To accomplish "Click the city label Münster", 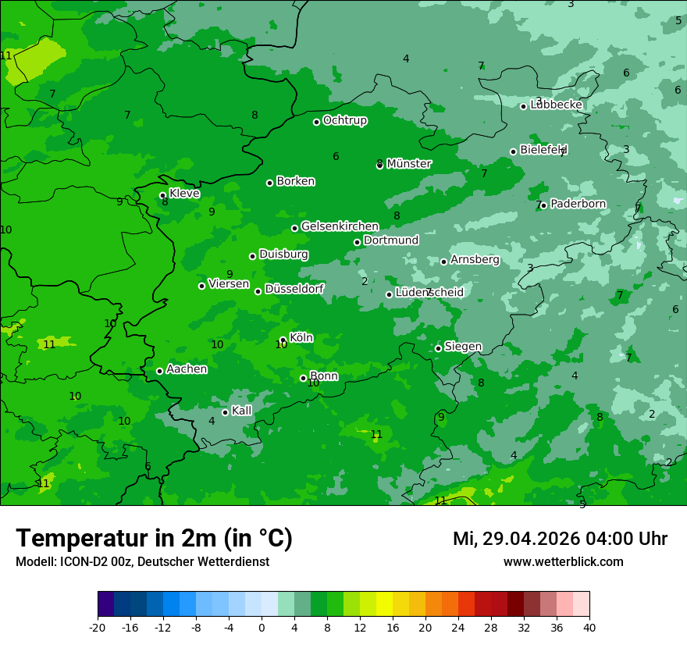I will click(408, 164).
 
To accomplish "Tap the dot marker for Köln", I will click(283, 340).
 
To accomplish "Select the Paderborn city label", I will click(578, 204).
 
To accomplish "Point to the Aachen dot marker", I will click(159, 371).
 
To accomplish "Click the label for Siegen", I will click(463, 347).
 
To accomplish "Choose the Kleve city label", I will click(184, 194).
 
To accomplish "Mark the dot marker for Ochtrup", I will click(316, 122).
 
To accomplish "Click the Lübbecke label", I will click(556, 105).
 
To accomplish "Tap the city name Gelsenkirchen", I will click(340, 226).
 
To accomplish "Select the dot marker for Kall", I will click(225, 412).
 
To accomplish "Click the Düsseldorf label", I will click(294, 289).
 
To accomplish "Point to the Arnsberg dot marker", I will click(443, 262).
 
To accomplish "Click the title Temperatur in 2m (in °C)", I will click(154, 538).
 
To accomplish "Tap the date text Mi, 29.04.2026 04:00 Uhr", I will click(560, 539).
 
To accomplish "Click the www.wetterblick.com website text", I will click(563, 561).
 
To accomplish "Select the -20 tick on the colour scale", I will click(98, 627).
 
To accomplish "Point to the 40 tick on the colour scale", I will click(589, 627).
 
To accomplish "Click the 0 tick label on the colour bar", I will click(262, 627).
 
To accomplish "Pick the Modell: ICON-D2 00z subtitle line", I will click(142, 561).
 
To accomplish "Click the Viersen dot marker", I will click(201, 286).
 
